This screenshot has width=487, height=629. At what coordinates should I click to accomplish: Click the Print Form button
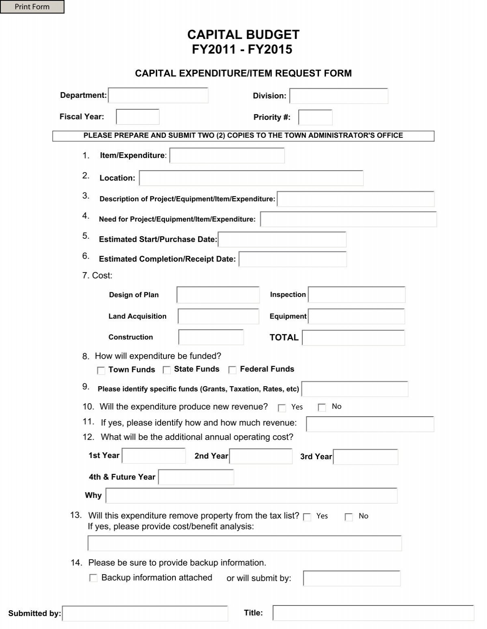pos(32,7)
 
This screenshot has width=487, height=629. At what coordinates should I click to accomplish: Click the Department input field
pos(158,95)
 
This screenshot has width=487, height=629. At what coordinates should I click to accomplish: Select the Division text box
pos(338,96)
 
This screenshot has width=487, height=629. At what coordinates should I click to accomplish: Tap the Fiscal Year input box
pos(138,117)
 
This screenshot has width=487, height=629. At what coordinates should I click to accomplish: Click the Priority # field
pos(315,117)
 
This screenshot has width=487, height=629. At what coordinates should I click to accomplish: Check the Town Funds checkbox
pos(101,370)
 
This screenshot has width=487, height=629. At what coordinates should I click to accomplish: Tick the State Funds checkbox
pos(166,370)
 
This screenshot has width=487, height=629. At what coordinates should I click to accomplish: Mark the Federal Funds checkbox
pos(232,370)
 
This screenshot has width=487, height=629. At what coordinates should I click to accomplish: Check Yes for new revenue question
pos(282,408)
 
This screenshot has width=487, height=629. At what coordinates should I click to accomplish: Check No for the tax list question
pos(349,517)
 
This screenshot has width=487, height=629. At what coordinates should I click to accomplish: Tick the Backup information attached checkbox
pos(93,578)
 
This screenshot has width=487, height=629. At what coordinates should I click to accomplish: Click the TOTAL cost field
pos(353,338)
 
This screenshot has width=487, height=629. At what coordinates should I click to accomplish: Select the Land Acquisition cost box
pos(218,317)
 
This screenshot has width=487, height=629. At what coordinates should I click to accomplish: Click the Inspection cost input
pos(357,295)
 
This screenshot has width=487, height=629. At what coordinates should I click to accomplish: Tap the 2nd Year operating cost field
pos(261,456)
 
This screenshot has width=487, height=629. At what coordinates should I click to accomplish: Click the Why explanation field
pos(251,496)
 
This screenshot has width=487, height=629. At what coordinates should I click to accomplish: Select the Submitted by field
pos(145,614)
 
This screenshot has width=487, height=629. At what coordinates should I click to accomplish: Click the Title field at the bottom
pos(373,613)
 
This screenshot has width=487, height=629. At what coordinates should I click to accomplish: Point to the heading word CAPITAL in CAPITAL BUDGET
pos(213,35)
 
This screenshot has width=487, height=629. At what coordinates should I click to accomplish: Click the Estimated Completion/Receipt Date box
pos(293,259)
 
